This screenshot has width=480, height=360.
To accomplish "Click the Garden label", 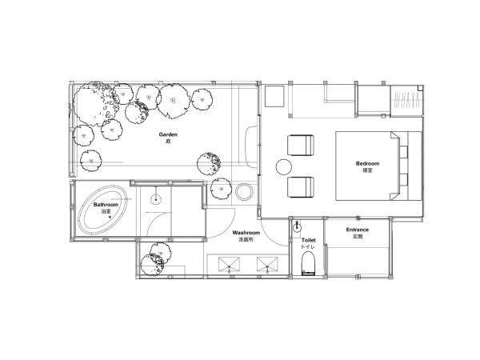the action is pyautogui.click(x=168, y=134).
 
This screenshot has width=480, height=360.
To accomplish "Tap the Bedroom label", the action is pyautogui.click(x=367, y=163).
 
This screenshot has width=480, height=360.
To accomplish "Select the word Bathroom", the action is pyautogui.click(x=106, y=205).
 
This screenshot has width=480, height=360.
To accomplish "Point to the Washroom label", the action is pyautogui.click(x=246, y=233).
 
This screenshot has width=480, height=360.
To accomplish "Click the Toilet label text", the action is pyautogui.click(x=308, y=240).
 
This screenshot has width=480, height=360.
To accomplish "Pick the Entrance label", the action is pyautogui.click(x=358, y=230).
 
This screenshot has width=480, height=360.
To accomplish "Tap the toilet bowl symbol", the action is pyautogui.click(x=308, y=263).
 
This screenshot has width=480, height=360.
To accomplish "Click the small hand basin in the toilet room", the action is pyautogui.click(x=296, y=227).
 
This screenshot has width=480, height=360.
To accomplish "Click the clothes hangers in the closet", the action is pyautogui.click(x=406, y=99).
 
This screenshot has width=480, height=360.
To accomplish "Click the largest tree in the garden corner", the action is pyautogui.click(x=94, y=103).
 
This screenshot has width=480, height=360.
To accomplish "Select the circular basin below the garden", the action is pyautogui.click(x=244, y=192).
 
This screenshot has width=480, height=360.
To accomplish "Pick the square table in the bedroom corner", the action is pyautogui.click(x=274, y=97).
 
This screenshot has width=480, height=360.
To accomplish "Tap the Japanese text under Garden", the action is pyautogui.click(x=168, y=141).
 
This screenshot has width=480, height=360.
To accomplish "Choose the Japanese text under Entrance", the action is pyautogui.click(x=358, y=236).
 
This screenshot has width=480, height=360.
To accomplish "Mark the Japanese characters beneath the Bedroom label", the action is pyautogui.click(x=367, y=170).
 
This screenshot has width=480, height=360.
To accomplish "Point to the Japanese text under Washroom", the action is pyautogui.click(x=246, y=239).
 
